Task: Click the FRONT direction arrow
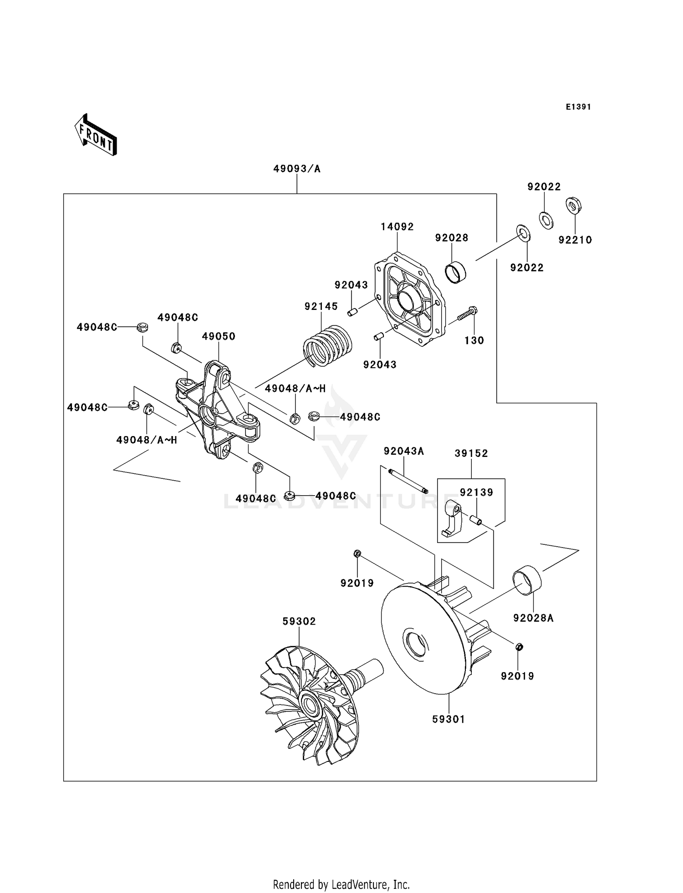tap(96, 135)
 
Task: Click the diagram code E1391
tap(578, 107)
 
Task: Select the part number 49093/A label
tap(297, 169)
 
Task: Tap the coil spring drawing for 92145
tap(328, 346)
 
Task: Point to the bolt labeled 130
tap(467, 314)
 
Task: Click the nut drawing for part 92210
tap(573, 205)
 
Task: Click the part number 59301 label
tap(449, 719)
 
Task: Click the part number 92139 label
tap(476, 492)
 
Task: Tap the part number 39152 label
tap(471, 453)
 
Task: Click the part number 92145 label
tap(321, 306)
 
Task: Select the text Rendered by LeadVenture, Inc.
tap(341, 884)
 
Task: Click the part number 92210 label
tap(575, 240)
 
